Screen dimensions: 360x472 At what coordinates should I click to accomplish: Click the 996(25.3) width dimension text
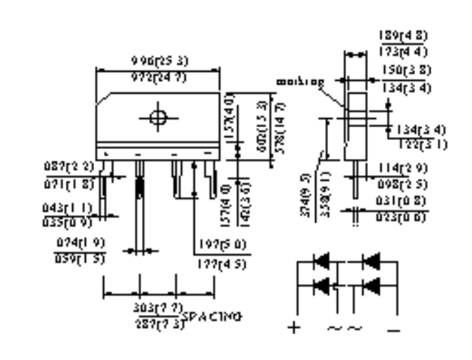(159, 61)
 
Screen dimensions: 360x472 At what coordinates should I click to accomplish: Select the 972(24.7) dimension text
(159, 77)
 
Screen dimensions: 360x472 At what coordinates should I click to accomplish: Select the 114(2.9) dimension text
(407, 169)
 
